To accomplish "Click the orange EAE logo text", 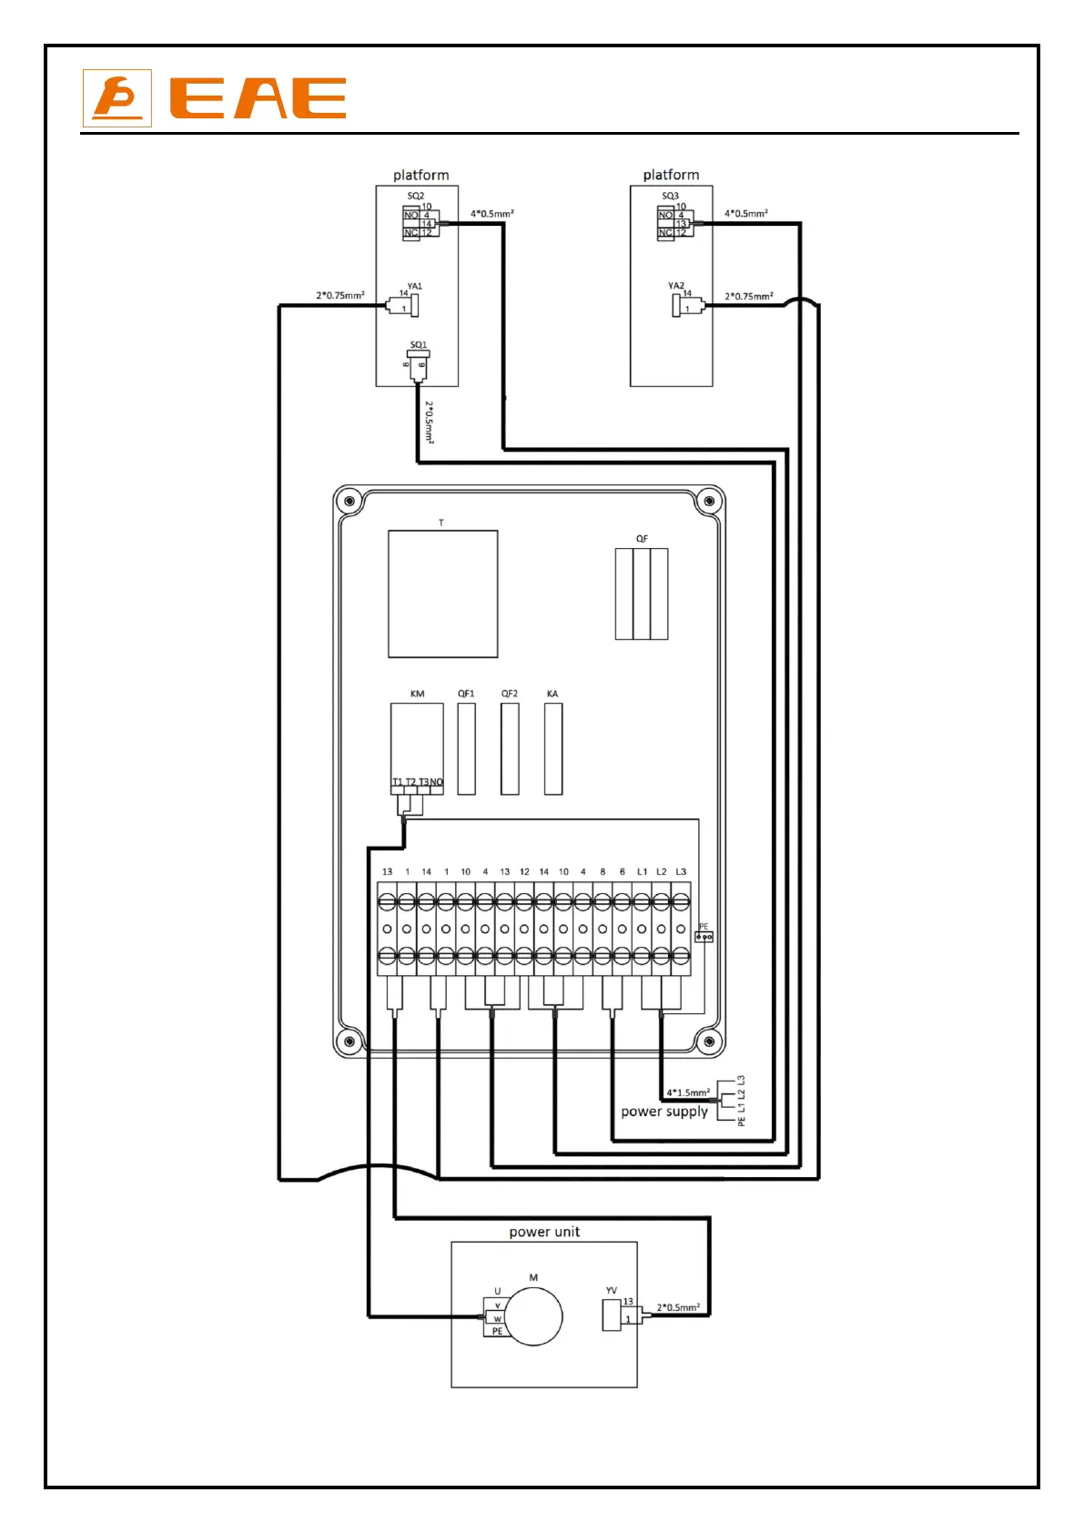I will coord(258,98).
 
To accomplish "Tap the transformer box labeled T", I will coord(442,594).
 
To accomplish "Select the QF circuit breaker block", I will coord(642,594).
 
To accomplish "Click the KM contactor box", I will coord(417,742).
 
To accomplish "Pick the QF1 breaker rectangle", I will coord(466,748).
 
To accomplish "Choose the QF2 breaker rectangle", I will coord(510,748).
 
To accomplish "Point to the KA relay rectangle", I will coord(552,748).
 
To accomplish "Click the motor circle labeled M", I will coord(533,1317).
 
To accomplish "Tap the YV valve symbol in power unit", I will coord(612,1315).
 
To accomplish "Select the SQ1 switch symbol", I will coord(419,364).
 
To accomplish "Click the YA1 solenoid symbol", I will coord(411,303).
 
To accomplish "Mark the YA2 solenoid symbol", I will coord(677,304).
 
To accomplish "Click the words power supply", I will coord(664,1112).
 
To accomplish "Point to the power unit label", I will coord(544,1232).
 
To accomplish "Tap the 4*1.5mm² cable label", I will coord(688,1092).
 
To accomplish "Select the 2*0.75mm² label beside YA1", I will coord(340,295).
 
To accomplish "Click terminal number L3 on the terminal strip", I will coord(681,872).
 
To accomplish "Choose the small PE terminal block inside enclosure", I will coord(704,936).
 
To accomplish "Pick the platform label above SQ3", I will coord(671,175).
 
